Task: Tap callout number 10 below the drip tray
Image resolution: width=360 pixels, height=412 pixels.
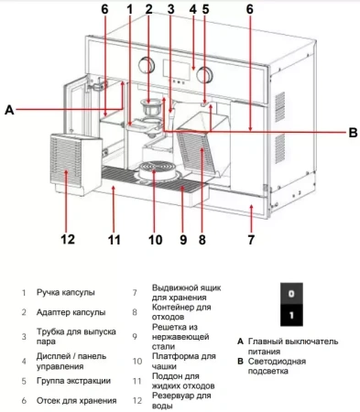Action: coord(155,240)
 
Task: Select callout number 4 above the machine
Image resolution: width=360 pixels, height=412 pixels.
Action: coord(192,10)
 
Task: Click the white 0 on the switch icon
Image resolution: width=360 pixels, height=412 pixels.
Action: coord(289,296)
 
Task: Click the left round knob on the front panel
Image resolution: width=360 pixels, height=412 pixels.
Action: coord(146,65)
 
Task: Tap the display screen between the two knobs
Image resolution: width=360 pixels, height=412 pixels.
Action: coord(176,68)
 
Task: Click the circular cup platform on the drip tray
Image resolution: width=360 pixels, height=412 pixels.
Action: coord(156,170)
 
